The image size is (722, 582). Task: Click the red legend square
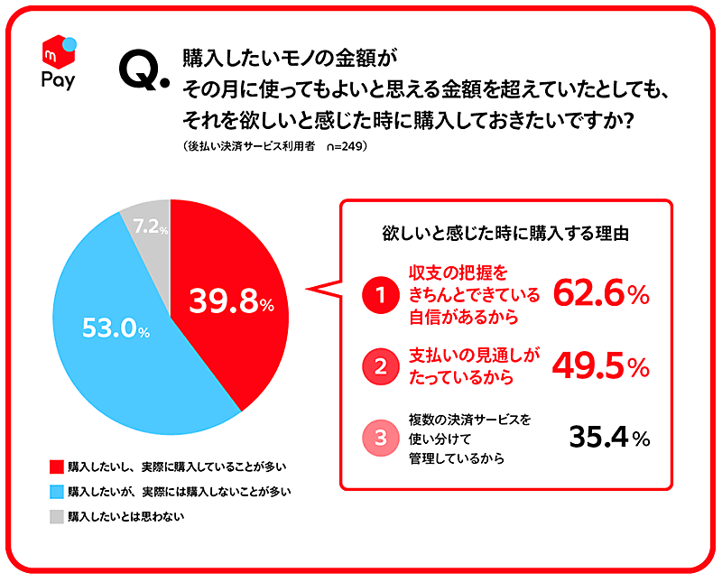(x=57, y=467)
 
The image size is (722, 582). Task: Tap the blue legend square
(x=57, y=492)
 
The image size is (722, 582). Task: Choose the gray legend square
(x=57, y=517)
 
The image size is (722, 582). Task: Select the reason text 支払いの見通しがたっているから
(x=468, y=366)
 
